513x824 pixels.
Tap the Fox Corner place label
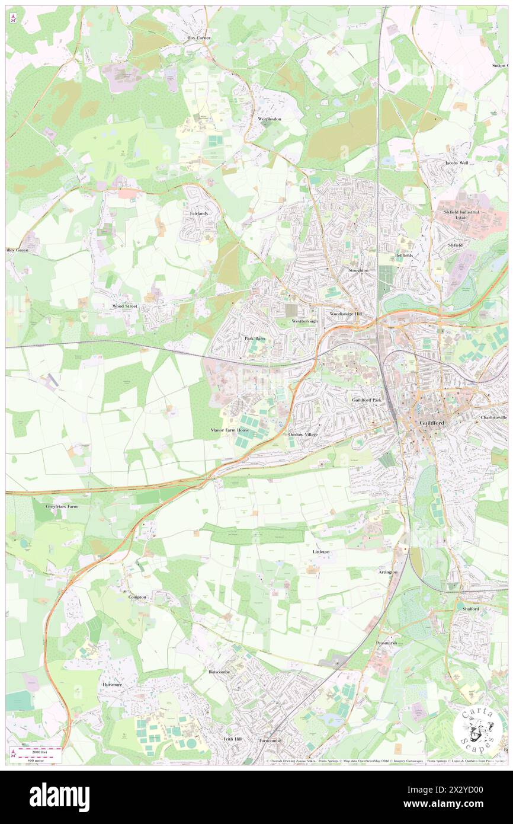tap(199, 38)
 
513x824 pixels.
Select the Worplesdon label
tap(270, 119)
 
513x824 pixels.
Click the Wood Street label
tap(124, 306)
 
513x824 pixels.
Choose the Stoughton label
tap(358, 270)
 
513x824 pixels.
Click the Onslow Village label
tap(303, 435)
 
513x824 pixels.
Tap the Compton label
tap(137, 597)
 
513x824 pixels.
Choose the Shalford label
tap(470, 609)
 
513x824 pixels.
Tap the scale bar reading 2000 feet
tap(37, 752)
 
